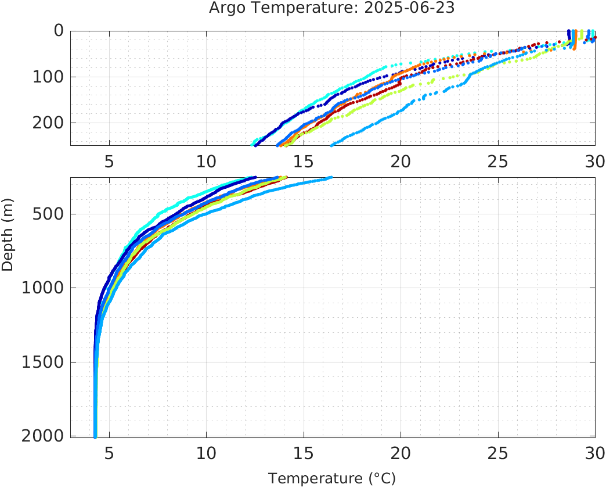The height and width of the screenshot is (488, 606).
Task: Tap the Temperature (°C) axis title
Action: click(x=331, y=479)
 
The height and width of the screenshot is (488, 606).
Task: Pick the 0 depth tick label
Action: click(x=59, y=31)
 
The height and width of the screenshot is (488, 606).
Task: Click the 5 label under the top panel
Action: click(x=109, y=161)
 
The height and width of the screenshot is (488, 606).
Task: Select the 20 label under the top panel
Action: click(x=401, y=161)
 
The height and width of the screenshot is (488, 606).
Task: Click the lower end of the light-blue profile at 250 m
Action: click(x=331, y=145)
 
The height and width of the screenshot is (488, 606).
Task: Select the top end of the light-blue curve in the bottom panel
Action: click(x=330, y=178)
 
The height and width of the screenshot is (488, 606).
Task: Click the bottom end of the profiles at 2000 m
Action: click(x=95, y=436)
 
